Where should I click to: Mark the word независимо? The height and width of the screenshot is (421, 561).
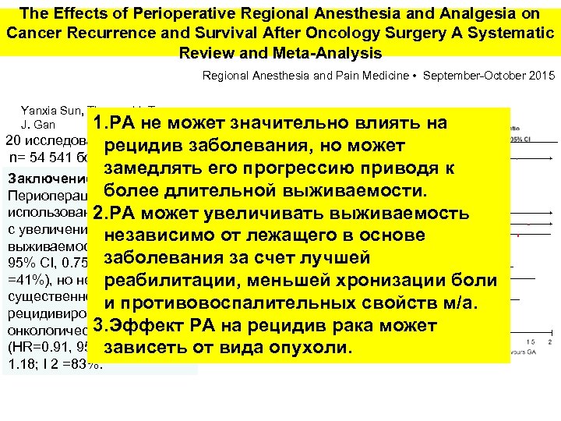[163, 235]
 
